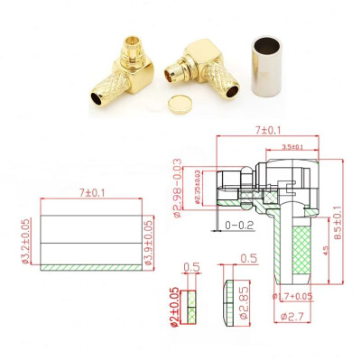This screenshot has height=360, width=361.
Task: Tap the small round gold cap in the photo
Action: pyautogui.click(x=180, y=106)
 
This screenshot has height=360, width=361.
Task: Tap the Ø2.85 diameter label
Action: pyautogui.click(x=245, y=299)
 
